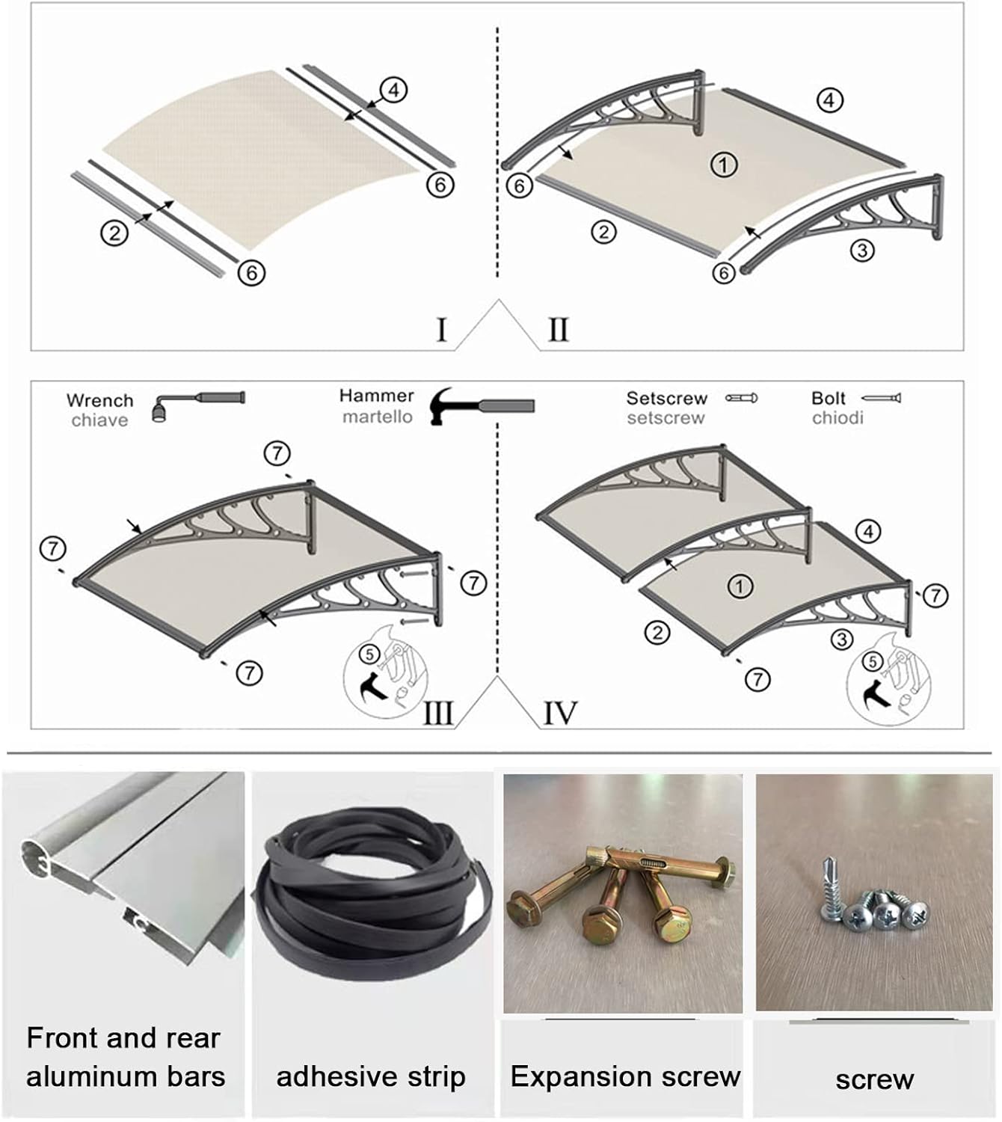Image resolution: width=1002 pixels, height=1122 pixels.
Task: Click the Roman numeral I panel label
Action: pyautogui.click(x=442, y=329)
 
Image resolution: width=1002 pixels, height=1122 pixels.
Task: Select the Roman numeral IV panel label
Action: pyautogui.click(x=559, y=713)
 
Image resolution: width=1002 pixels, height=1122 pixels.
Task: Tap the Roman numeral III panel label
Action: pyautogui.click(x=438, y=713)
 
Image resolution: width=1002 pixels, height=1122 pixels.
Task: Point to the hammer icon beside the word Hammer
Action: pyautogui.click(x=482, y=405)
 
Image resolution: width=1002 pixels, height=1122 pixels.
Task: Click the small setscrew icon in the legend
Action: pyautogui.click(x=741, y=398)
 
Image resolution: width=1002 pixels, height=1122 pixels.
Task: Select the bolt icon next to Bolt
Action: pyautogui.click(x=882, y=398)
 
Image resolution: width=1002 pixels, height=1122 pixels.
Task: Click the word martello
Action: pyautogui.click(x=377, y=417)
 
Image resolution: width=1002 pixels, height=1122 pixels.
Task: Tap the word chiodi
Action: pyautogui.click(x=837, y=417)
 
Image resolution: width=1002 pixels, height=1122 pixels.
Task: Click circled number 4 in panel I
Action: pyautogui.click(x=393, y=91)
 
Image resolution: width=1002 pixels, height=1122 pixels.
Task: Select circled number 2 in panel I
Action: pyautogui.click(x=114, y=233)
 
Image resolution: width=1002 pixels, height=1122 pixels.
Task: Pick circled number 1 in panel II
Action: pyautogui.click(x=723, y=165)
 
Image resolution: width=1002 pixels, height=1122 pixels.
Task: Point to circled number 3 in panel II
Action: pyautogui.click(x=862, y=250)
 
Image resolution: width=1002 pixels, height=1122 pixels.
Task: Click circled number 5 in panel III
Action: pyautogui.click(x=369, y=654)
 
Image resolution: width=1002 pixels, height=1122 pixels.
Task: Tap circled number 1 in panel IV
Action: pyautogui.click(x=740, y=586)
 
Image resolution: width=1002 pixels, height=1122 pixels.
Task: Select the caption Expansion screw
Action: pyautogui.click(x=625, y=1076)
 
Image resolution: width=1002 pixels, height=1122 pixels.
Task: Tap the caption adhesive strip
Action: pyautogui.click(x=371, y=1077)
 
